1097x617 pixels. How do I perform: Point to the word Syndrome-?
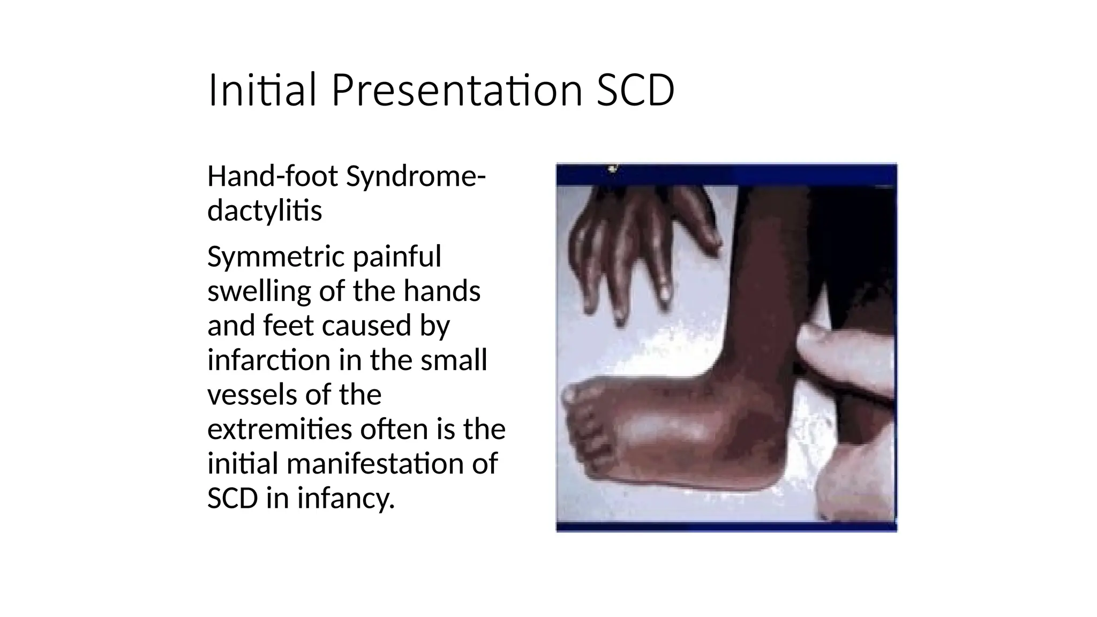coord(416,176)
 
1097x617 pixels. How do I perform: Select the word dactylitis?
coord(265,210)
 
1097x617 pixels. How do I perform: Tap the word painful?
coord(397,257)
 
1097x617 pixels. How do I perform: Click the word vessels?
coord(249,395)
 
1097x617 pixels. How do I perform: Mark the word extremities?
coord(280,429)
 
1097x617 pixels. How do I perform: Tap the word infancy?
coord(346,499)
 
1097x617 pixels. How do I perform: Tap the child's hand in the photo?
coord(643,241)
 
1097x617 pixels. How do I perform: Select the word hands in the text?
coord(442,292)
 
